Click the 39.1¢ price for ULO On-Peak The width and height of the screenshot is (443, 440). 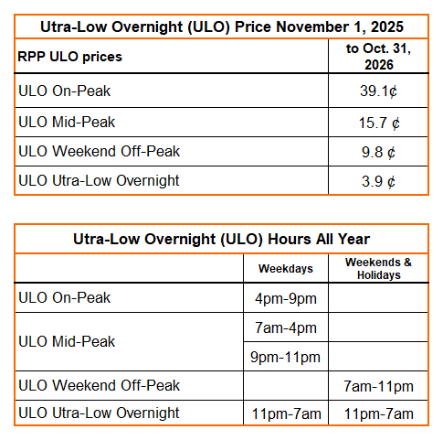pos(377,91)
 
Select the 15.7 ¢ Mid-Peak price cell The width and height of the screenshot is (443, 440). pos(377,122)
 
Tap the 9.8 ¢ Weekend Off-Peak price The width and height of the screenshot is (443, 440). pos(377,151)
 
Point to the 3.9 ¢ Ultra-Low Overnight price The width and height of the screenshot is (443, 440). pos(377,180)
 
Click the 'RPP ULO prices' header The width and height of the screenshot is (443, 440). pos(70,57)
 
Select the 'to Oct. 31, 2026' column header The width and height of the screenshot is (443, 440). pos(377,57)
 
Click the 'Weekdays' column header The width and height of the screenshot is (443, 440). pos(285,269)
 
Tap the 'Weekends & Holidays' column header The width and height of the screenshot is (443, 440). pos(377,269)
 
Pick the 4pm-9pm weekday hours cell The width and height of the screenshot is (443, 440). pos(285,297)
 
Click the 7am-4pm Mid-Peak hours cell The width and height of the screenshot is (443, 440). pos(285,327)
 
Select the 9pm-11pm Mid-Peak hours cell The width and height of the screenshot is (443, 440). pos(285,356)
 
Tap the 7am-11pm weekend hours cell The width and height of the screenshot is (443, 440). pos(377,385)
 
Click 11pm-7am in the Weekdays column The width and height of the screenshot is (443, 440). pos(285,414)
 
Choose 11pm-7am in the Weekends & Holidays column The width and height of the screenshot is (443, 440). pos(377,414)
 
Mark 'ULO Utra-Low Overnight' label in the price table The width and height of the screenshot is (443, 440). pos(98,180)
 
